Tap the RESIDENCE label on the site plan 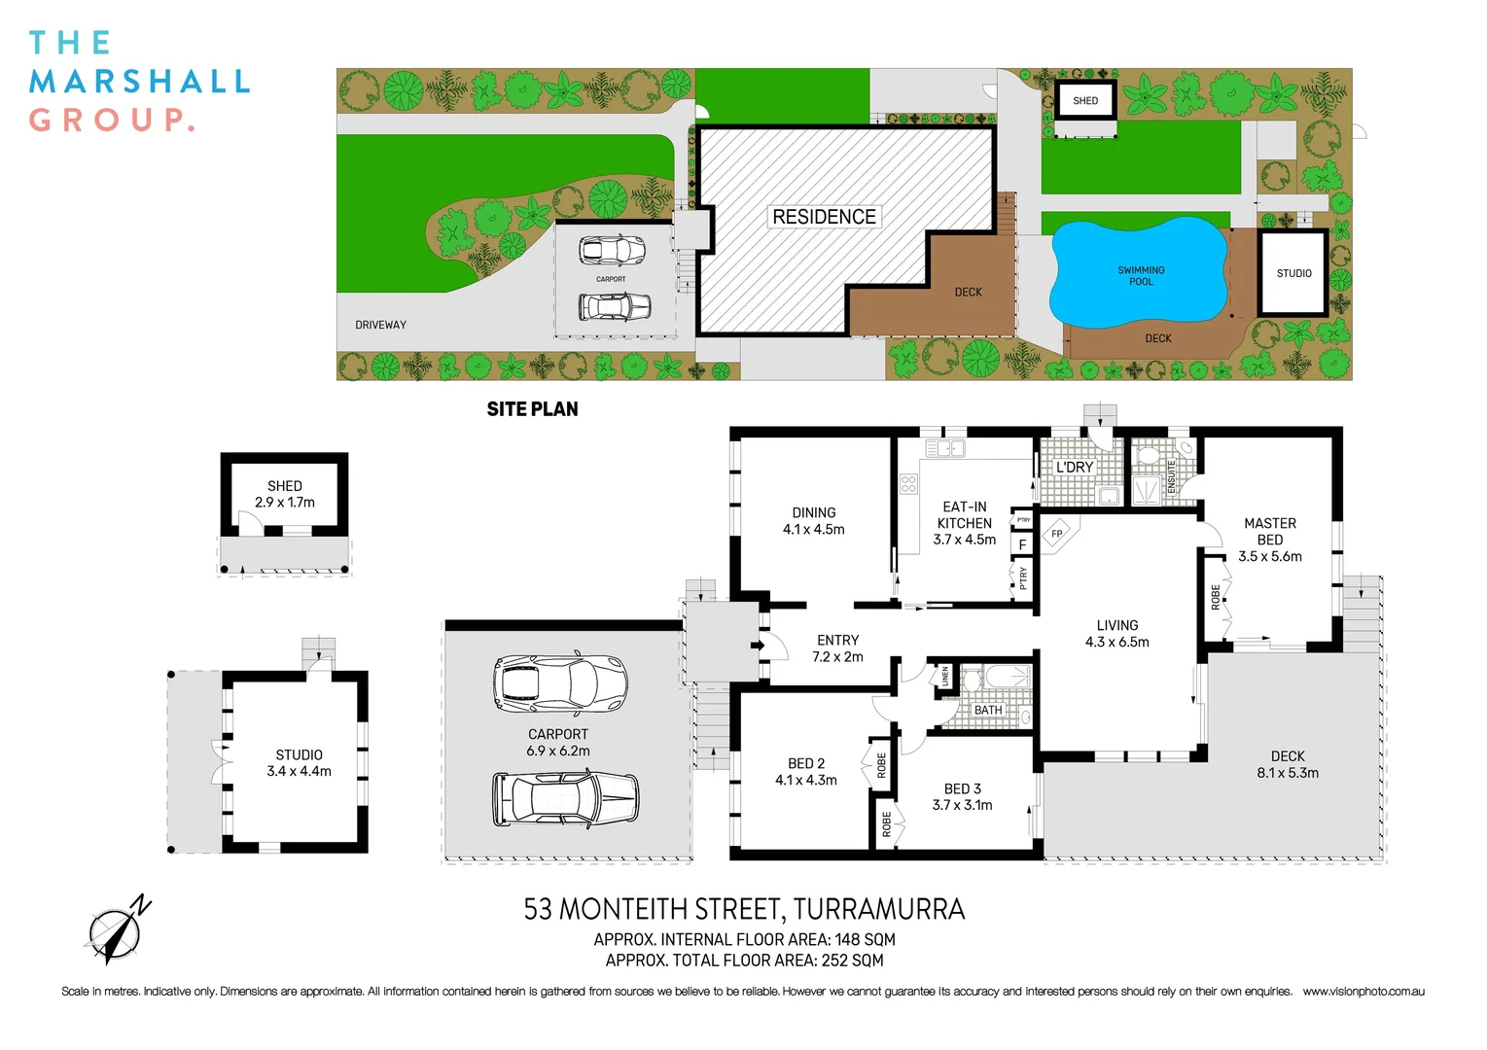[824, 217]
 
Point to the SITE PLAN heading [532, 409]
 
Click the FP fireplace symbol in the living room [1057, 534]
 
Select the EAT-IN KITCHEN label [964, 523]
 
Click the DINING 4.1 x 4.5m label [813, 521]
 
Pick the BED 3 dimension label [962, 797]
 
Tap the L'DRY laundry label [1075, 468]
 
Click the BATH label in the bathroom [988, 711]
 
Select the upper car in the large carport [560, 682]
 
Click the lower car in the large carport [565, 798]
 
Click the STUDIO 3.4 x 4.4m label [299, 763]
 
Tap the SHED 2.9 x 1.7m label [284, 494]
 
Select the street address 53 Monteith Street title [744, 910]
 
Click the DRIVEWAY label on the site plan [380, 325]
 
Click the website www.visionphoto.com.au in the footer [1363, 992]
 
